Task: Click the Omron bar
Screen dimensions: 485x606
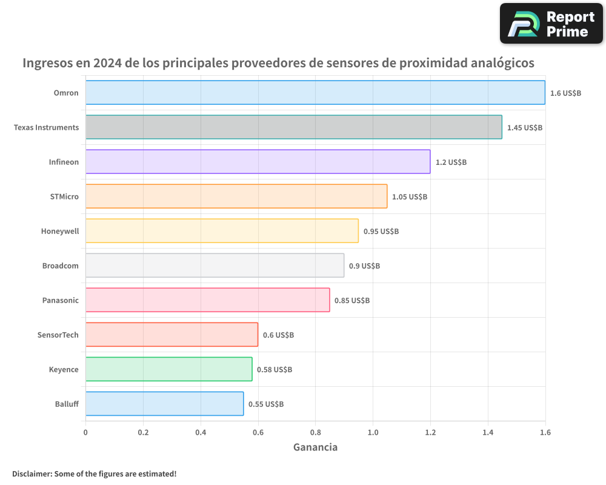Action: (x=315, y=93)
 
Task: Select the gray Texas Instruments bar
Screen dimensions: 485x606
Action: (x=293, y=127)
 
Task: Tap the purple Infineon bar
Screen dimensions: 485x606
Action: (x=258, y=162)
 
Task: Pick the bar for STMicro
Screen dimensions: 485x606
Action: (x=236, y=196)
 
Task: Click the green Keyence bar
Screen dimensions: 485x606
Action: (x=168, y=369)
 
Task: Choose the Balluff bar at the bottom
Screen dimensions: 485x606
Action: (x=164, y=404)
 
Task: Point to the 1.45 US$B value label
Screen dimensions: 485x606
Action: (x=525, y=128)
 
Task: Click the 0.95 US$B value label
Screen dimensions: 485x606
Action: (x=381, y=232)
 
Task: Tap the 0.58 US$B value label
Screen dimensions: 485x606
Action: (x=275, y=370)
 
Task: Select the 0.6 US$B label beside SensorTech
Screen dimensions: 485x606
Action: (x=278, y=335)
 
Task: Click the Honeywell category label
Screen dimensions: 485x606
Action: (x=60, y=231)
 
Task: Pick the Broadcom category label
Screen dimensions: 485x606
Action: (x=61, y=266)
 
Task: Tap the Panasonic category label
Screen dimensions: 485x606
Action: (x=61, y=300)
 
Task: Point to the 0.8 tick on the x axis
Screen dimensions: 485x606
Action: (x=315, y=433)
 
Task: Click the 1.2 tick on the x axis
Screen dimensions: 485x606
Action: (x=430, y=433)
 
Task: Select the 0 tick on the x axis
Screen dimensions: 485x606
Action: (x=85, y=433)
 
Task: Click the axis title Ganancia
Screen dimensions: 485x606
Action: (x=315, y=447)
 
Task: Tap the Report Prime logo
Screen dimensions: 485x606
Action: (x=551, y=24)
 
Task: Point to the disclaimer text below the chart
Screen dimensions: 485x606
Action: (x=94, y=473)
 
